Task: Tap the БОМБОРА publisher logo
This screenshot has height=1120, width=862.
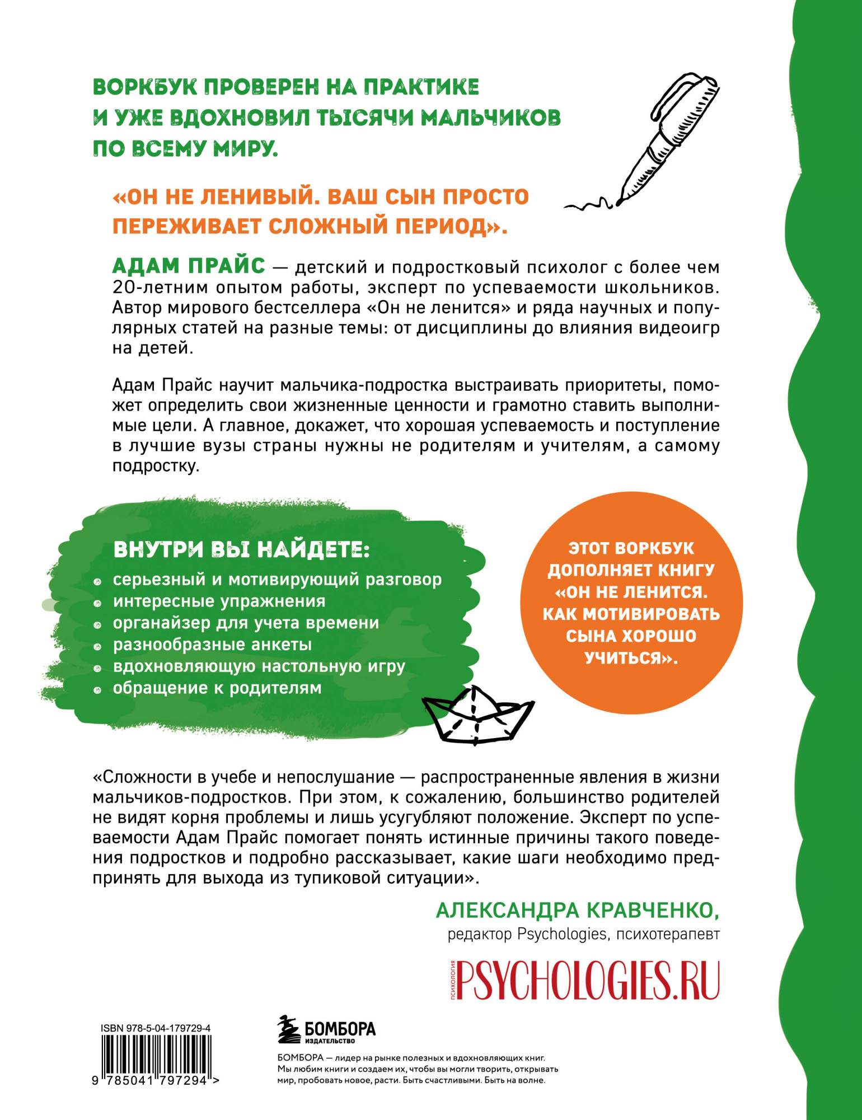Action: [327, 1030]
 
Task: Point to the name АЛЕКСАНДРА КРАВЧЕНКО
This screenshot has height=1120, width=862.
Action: [577, 911]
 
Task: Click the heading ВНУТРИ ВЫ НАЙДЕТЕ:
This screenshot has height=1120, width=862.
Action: [241, 549]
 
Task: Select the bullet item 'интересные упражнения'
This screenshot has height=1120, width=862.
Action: [219, 601]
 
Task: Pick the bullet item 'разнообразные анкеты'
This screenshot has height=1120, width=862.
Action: [212, 644]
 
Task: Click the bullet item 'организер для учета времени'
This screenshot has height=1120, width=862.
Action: [246, 623]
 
